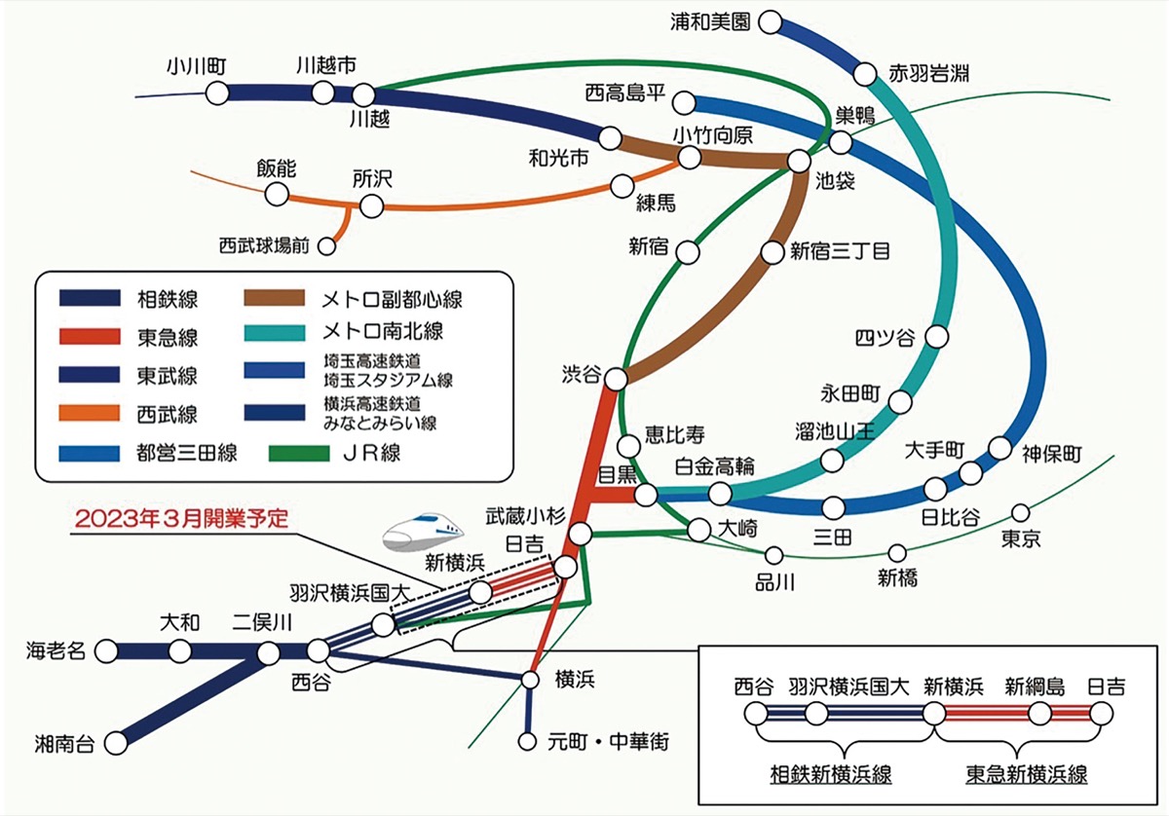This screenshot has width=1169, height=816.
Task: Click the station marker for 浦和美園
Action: pyautogui.click(x=772, y=20)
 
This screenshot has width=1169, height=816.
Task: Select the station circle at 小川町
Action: pyautogui.click(x=216, y=93)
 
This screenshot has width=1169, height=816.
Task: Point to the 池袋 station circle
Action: pyautogui.click(x=799, y=161)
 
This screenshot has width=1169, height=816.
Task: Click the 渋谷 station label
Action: pyautogui.click(x=582, y=374)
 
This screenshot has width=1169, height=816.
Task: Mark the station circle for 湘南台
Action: pyautogui.click(x=116, y=743)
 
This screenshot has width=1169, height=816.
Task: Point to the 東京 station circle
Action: pyautogui.click(x=1021, y=512)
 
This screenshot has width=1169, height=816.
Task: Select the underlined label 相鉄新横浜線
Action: pyautogui.click(x=831, y=774)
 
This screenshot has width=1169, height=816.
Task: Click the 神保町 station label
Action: pyautogui.click(x=1052, y=455)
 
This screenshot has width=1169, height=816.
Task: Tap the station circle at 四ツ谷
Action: pyautogui.click(x=937, y=337)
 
